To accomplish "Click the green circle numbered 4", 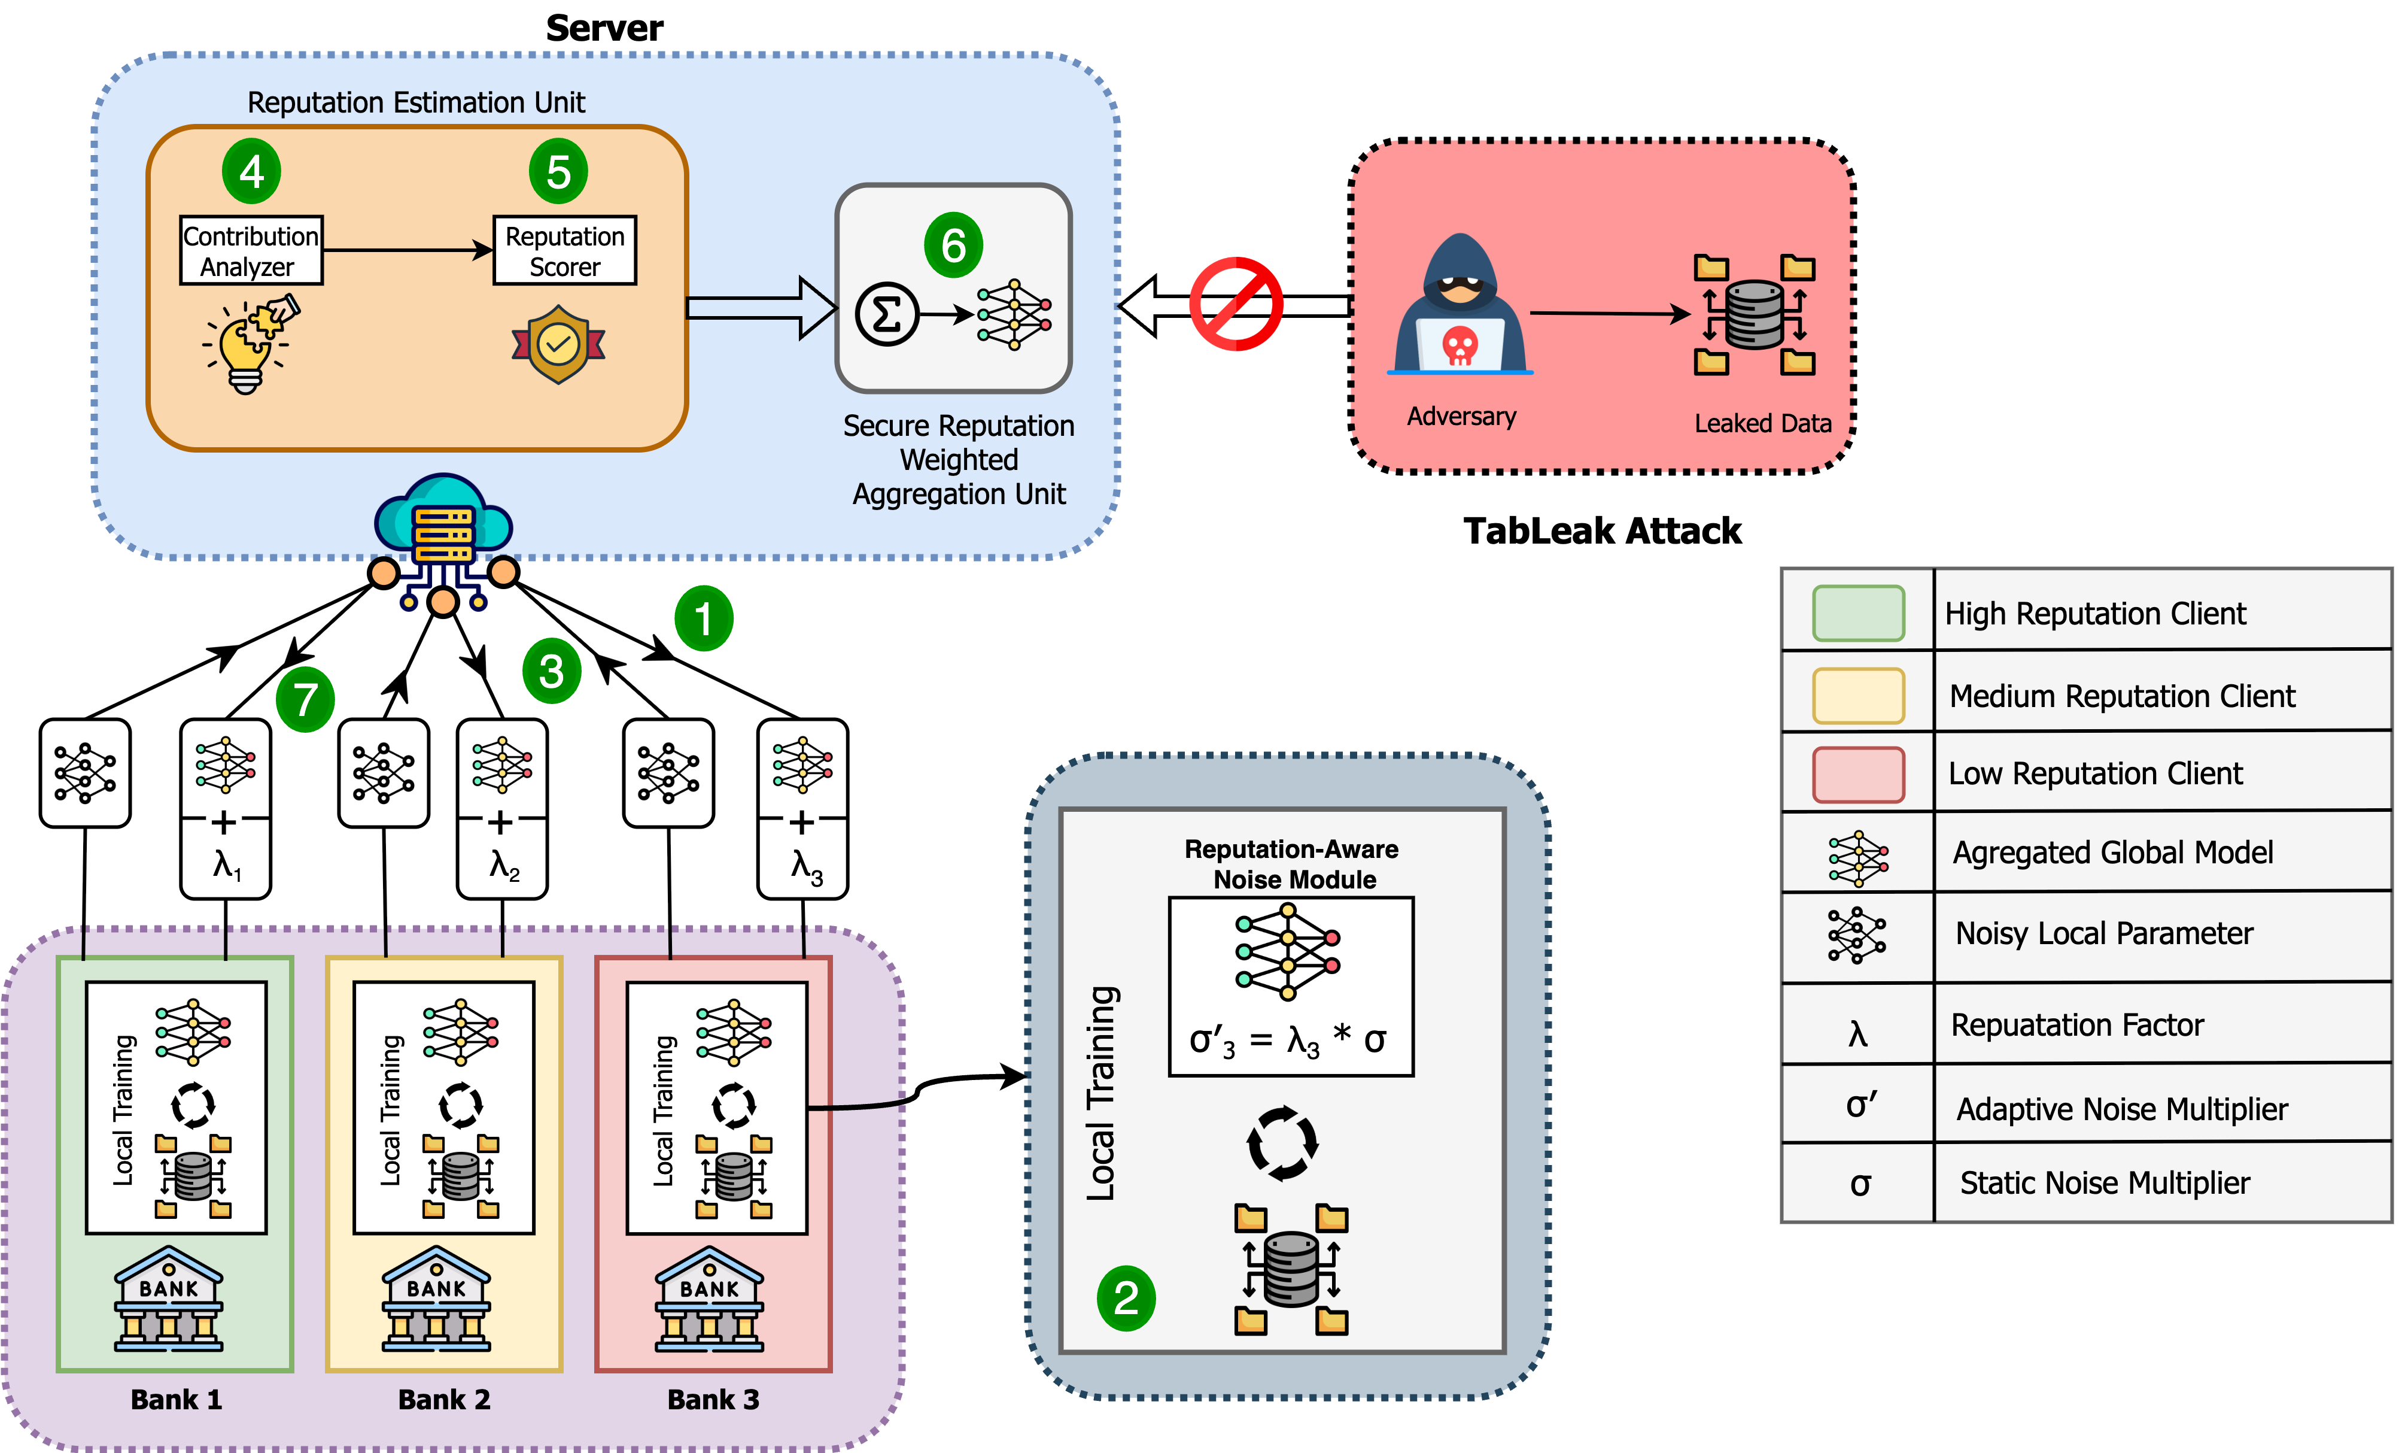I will click(251, 172).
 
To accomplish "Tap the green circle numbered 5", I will click(558, 172).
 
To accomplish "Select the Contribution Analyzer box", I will click(251, 251).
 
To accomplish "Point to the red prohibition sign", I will click(1235, 304).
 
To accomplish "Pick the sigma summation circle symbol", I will click(886, 314).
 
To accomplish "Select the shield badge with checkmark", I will click(558, 344).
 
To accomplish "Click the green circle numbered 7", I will click(305, 699).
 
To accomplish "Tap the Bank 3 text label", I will click(713, 1399).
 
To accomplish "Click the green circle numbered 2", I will click(1126, 1298).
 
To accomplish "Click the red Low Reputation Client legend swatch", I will click(1858, 774).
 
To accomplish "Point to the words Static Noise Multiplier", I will click(2104, 1183).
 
